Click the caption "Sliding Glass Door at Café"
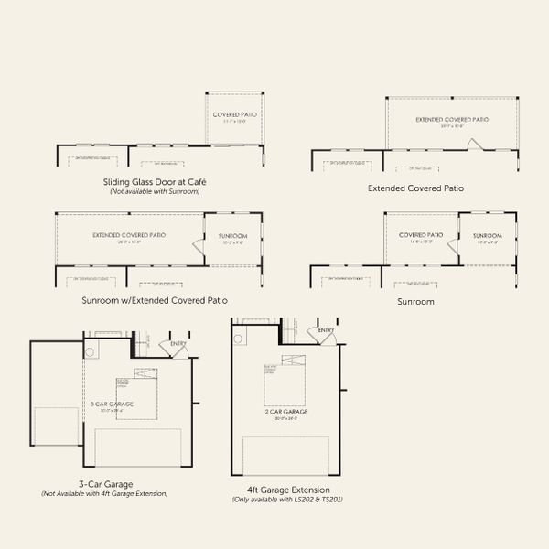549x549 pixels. click(154, 182)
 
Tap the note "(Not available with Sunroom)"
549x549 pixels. click(154, 191)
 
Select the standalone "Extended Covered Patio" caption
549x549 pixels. click(415, 188)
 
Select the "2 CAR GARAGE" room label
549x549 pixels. click(286, 412)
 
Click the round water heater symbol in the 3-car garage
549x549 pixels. click(90, 351)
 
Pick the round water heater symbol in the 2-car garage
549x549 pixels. click(239, 338)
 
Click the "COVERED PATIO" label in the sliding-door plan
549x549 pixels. click(235, 114)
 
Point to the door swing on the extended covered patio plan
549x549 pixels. click(471, 144)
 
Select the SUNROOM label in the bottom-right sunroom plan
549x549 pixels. click(488, 236)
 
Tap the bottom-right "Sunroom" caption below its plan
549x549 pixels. click(414, 300)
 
